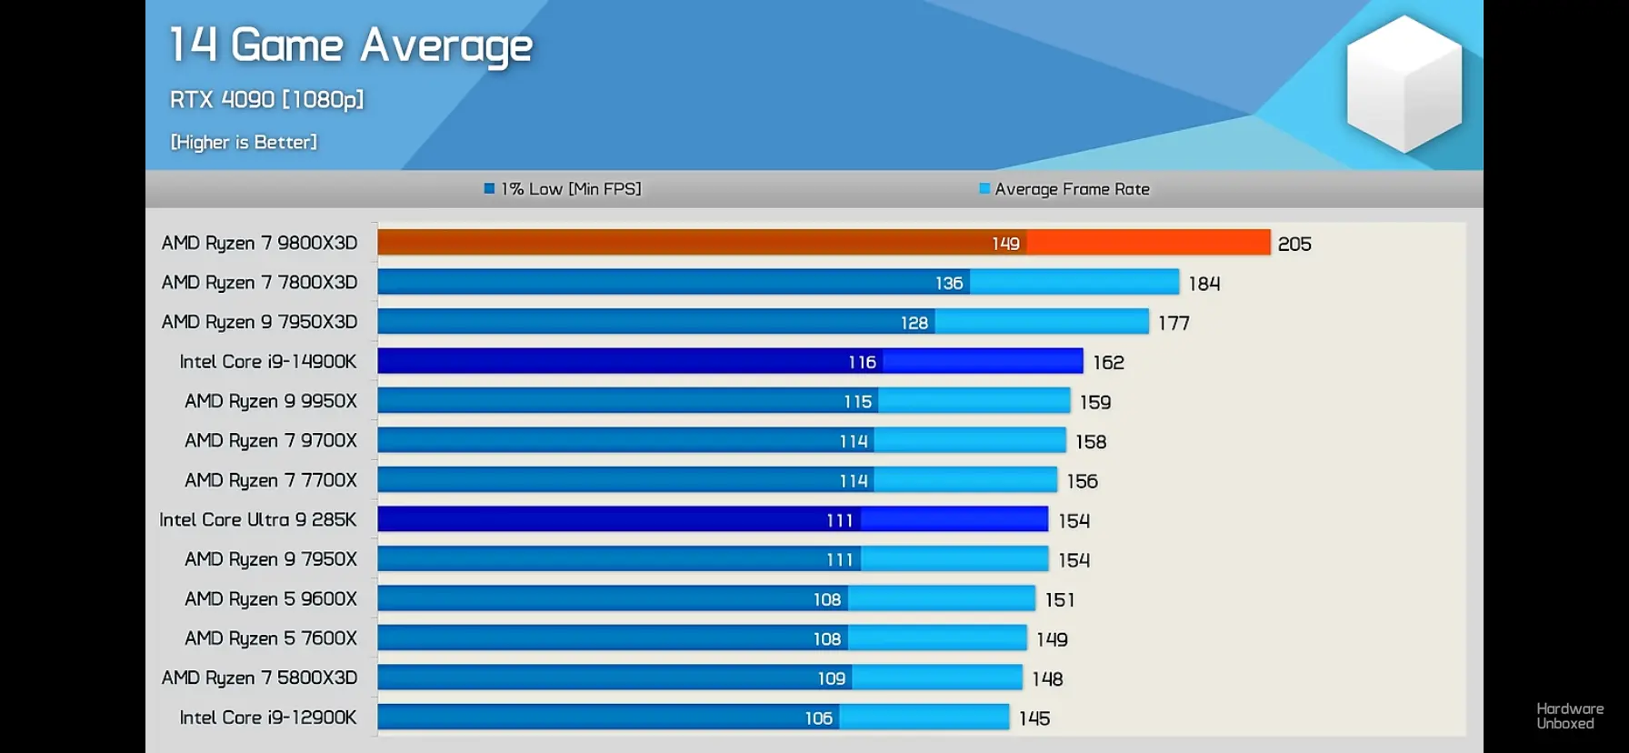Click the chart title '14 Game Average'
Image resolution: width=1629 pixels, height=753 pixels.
pos(351,45)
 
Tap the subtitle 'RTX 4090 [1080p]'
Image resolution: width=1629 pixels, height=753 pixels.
pos(266,99)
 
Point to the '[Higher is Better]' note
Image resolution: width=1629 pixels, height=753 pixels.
pos(244,142)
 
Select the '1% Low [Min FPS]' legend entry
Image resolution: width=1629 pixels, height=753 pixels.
pos(563,189)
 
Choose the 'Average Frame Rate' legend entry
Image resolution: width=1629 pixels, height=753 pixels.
pos(1064,189)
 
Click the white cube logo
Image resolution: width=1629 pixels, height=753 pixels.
pos(1404,84)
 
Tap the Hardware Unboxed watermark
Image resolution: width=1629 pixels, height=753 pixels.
pos(1570,716)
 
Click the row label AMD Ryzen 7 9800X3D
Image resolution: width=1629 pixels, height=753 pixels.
pos(259,243)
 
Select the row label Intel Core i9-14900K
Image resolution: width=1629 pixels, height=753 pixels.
pos(268,361)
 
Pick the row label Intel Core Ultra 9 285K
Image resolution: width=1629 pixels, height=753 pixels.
pos(258,519)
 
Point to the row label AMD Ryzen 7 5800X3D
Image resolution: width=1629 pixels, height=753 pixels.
pos(259,678)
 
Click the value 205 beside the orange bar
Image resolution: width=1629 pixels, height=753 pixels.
pos(1294,244)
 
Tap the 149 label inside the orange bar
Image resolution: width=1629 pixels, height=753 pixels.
pos(1005,244)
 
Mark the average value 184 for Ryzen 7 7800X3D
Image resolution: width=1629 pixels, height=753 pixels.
pos(1204,284)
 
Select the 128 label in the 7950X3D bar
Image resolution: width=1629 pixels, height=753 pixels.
pos(914,323)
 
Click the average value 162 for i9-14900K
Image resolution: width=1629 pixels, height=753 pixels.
pos(1108,363)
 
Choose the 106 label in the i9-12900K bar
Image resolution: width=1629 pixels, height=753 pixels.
pos(819,718)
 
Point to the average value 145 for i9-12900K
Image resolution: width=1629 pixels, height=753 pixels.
pos(1034,718)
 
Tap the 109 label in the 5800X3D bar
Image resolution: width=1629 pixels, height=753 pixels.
pos(832,678)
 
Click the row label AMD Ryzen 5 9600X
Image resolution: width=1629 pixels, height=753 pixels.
pos(271,598)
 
